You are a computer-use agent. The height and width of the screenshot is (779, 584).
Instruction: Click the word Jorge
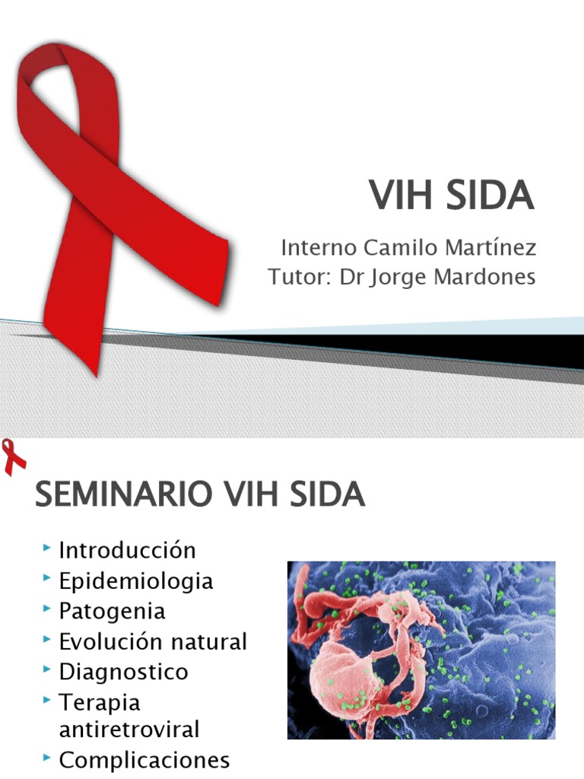(x=399, y=277)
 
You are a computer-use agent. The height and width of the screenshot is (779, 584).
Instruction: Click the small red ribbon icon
(x=14, y=457)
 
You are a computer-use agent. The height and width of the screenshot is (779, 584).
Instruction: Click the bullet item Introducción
(x=128, y=550)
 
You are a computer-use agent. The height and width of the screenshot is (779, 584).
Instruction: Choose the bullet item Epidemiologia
(x=136, y=581)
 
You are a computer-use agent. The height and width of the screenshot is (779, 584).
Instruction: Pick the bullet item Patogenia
(x=113, y=611)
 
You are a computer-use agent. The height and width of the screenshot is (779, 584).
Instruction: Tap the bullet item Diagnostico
(x=123, y=672)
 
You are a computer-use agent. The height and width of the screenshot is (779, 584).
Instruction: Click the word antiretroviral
(x=129, y=730)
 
